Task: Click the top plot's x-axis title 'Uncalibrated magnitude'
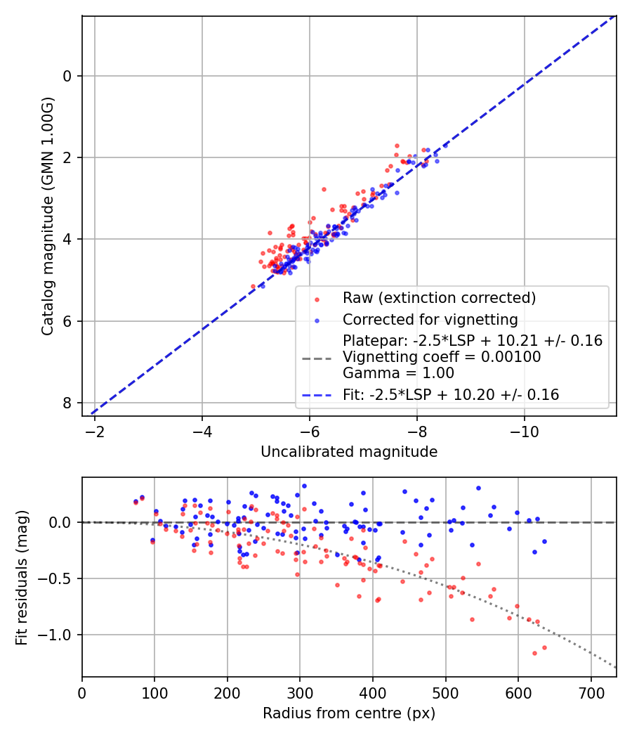(x=349, y=452)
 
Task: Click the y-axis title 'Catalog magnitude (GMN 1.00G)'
(x=47, y=216)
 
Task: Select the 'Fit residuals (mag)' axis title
(x=22, y=577)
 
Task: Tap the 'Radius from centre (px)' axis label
(x=349, y=713)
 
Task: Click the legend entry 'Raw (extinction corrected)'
(x=439, y=298)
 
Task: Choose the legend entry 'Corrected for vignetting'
(x=430, y=320)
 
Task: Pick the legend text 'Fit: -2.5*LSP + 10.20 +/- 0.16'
(x=451, y=395)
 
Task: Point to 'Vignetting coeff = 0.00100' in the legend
(x=442, y=357)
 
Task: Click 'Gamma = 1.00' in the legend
(x=398, y=373)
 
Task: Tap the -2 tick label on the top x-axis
(x=95, y=431)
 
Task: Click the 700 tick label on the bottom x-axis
(x=591, y=692)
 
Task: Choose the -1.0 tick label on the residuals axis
(x=60, y=635)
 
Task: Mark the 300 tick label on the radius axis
(x=300, y=692)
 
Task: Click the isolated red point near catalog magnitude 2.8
(x=324, y=189)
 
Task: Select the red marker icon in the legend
(x=317, y=299)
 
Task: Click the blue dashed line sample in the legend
(x=317, y=396)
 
